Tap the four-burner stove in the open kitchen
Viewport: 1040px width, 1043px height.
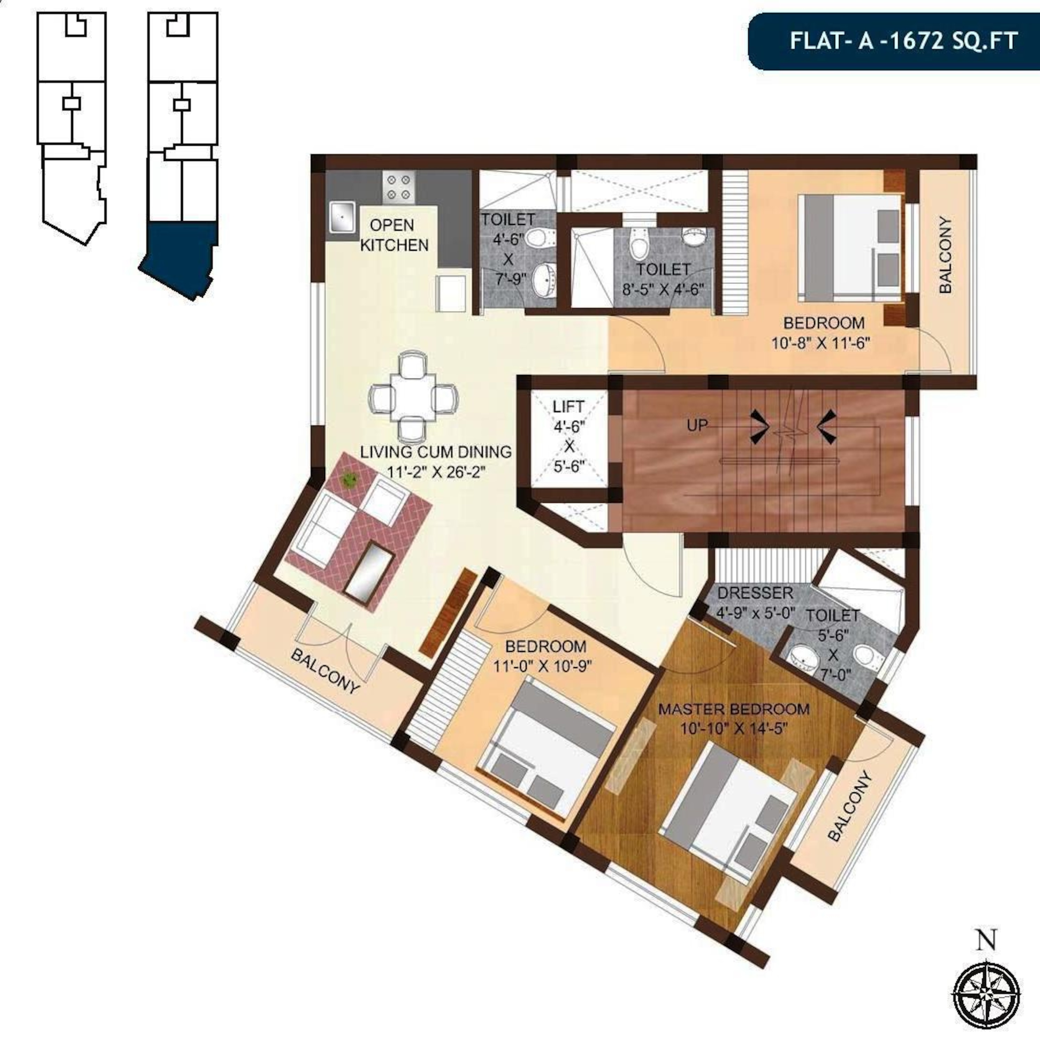[398, 187]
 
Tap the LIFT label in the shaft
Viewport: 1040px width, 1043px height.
[568, 406]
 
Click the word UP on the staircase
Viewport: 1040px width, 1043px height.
[697, 426]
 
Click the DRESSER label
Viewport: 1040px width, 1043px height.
[755, 593]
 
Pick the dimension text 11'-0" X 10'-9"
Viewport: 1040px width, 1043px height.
[542, 666]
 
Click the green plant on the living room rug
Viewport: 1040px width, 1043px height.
[350, 479]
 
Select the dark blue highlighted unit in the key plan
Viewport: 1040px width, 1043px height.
[180, 257]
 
